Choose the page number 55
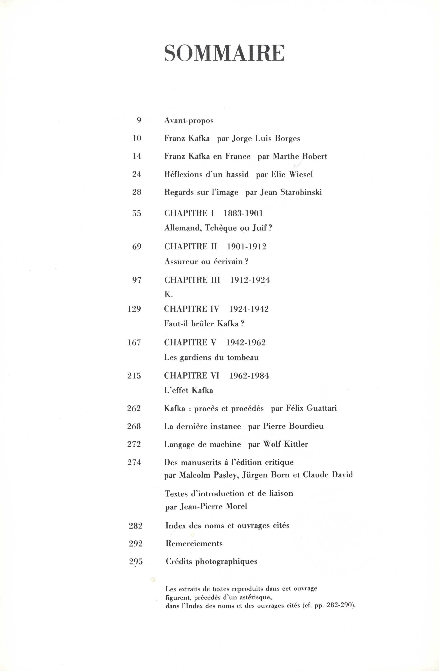click(137, 214)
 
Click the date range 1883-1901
click(243, 214)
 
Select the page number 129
click(134, 309)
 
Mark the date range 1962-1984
click(249, 376)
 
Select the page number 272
click(134, 444)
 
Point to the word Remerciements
click(194, 544)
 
